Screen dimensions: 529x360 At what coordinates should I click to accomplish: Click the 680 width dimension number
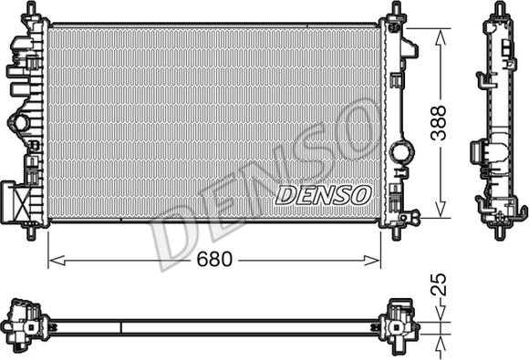(214, 259)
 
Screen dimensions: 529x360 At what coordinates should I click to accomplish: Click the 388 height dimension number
(439, 123)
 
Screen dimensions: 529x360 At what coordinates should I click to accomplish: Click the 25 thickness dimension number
(439, 284)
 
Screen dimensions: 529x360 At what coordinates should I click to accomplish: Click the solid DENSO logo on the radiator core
(323, 195)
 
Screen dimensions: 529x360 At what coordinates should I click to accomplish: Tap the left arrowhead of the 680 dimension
(57, 261)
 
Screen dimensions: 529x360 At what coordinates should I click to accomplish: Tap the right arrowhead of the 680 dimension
(372, 261)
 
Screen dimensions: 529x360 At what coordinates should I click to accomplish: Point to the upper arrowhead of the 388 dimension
(440, 37)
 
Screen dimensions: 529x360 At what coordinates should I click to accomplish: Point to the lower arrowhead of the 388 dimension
(440, 210)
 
